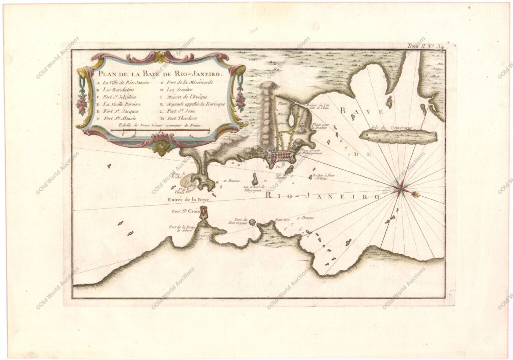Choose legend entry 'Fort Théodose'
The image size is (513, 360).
coord(185,118)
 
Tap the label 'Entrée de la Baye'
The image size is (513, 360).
coord(189,199)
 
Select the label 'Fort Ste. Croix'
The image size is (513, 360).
coord(186,212)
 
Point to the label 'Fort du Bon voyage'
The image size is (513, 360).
coord(236,221)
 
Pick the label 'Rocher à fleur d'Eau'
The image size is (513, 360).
coord(322,177)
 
